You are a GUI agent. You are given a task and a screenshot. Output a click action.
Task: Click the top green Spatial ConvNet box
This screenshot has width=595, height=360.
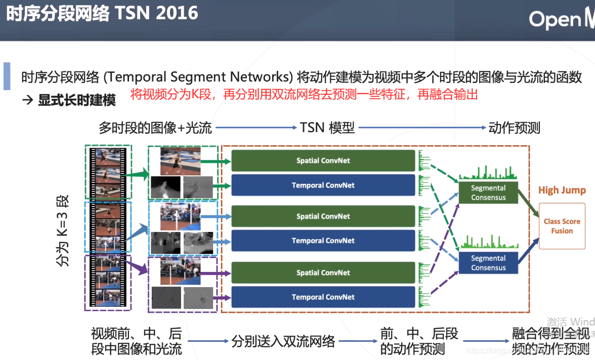point(323,161)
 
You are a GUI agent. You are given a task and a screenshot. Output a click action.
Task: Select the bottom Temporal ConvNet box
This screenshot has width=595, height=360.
point(323,297)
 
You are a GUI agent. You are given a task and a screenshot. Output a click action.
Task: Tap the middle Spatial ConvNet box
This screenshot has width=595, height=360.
point(323,216)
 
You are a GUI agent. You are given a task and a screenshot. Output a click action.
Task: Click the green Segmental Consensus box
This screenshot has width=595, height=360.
point(488,192)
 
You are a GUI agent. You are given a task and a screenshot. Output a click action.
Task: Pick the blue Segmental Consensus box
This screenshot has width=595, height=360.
point(488,263)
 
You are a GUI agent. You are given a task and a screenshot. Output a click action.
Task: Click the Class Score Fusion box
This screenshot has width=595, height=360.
point(562,226)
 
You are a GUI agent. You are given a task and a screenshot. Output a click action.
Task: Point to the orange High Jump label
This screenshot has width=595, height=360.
point(562,190)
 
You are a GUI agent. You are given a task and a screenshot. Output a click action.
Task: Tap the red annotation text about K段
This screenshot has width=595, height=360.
point(304,94)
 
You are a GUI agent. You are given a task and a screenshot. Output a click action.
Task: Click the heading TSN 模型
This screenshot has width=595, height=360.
point(327,128)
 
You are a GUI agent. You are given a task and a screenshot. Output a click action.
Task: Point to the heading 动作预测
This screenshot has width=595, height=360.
point(514,128)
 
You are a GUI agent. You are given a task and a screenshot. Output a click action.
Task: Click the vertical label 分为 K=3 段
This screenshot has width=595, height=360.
point(62,231)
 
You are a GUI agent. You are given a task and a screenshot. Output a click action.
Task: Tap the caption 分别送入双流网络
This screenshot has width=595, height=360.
point(283,341)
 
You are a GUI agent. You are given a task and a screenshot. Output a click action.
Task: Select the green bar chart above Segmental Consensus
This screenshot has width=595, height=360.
point(488,172)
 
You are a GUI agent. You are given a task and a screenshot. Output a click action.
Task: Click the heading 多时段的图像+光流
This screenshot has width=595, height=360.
point(155,128)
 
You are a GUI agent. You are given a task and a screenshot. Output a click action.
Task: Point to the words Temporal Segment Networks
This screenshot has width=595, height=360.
point(200,77)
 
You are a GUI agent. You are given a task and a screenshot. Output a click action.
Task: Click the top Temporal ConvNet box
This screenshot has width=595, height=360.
point(323,185)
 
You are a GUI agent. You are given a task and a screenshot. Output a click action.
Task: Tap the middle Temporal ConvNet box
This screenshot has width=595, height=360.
point(323,241)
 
